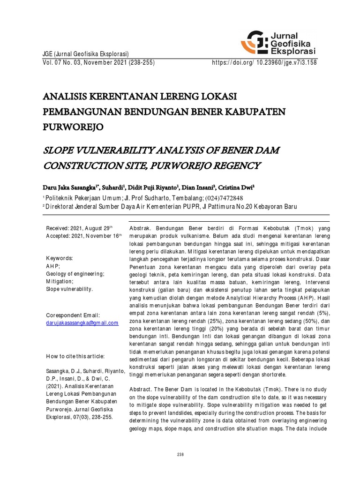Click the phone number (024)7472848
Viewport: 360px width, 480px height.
220,198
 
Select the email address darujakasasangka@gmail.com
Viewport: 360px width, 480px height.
82,323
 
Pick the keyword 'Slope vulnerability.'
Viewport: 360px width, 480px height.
69,289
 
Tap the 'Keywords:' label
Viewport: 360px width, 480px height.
59,258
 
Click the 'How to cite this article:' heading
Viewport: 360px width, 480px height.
75,356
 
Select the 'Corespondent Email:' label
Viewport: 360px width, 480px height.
73,315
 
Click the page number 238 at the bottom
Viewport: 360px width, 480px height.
180,455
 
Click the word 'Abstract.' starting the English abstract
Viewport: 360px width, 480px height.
141,390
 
